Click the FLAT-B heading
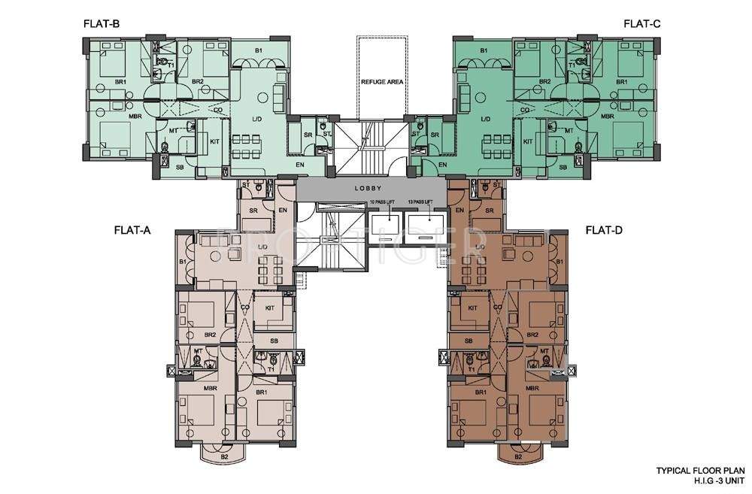click(x=102, y=23)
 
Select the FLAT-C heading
click(x=641, y=23)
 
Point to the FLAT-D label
click(x=608, y=230)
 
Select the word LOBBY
click(x=370, y=189)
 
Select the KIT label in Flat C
click(x=527, y=141)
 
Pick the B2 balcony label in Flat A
click(x=224, y=456)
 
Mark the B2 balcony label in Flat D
click(x=518, y=456)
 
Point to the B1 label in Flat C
click(x=484, y=50)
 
